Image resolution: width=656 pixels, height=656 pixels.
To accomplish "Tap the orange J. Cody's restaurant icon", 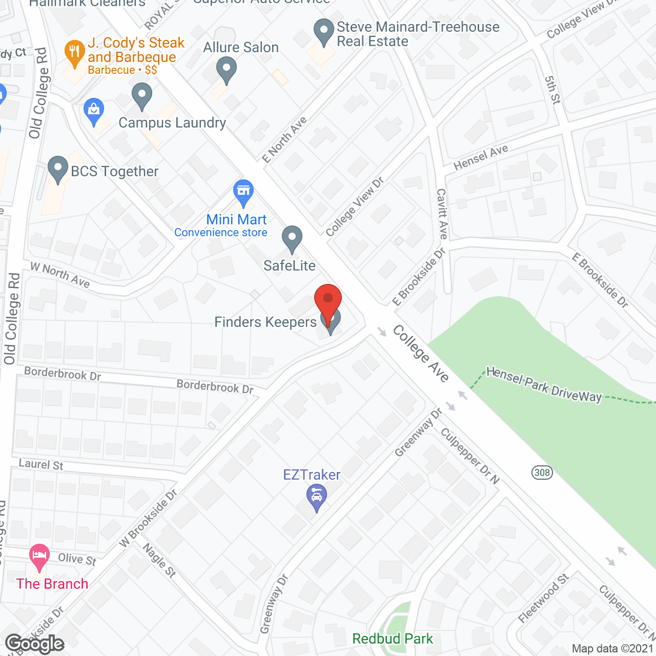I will coord(75,53).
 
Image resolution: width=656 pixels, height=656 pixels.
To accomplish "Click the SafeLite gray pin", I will coord(292,239).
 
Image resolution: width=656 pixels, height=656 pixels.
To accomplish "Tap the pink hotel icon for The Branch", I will coord(39,557).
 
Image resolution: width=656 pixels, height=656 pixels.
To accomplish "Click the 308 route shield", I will coord(542,472).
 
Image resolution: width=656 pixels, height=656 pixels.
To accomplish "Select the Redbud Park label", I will coord(393,639).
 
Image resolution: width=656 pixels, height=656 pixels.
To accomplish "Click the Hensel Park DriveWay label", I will coord(544,385).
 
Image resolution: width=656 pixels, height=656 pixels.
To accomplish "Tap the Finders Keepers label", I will coord(265,322).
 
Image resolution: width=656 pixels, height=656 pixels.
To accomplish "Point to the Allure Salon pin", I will coord(226,70).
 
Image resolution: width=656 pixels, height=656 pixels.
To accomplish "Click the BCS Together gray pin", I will coord(58,169).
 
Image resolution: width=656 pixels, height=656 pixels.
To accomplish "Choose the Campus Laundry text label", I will coord(172,123).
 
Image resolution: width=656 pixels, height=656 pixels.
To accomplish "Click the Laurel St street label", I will coord(41,464).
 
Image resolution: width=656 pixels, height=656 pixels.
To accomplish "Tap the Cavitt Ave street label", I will coord(442,214).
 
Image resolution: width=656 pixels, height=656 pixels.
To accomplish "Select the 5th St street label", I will coord(552,90).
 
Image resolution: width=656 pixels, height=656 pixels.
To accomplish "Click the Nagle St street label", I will coord(159,560).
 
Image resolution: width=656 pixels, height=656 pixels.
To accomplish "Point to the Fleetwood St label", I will coord(543,598).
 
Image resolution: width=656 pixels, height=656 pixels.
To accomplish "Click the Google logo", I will coord(35,644).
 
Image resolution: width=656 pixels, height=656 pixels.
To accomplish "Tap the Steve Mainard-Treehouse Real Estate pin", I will coord(323,31).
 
